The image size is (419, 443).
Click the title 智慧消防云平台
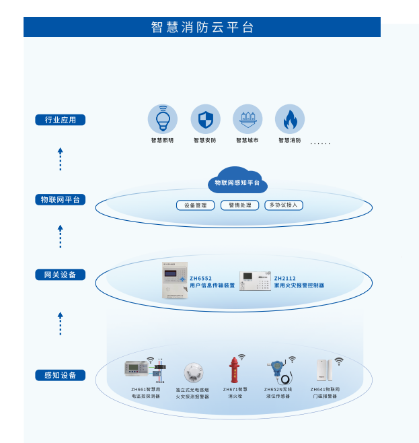[202, 27]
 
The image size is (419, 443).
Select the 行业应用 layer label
[61, 120]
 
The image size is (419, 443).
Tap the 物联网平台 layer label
[61, 199]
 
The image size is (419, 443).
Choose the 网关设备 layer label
[61, 275]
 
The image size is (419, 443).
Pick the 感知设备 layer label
[61, 375]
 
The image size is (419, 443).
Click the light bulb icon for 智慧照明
[163, 119]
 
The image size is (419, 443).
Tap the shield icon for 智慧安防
[205, 119]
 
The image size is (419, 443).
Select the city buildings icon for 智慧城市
[247, 119]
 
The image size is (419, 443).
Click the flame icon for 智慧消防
[290, 119]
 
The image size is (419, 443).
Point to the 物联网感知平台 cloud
[237, 181]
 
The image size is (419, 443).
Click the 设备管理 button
[195, 205]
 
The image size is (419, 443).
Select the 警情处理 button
[239, 205]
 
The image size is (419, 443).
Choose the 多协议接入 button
[284, 205]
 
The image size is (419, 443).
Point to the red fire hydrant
[234, 371]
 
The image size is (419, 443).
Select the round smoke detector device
[193, 372]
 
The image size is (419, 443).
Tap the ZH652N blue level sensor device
[276, 371]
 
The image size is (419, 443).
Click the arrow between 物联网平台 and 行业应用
[60, 159]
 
